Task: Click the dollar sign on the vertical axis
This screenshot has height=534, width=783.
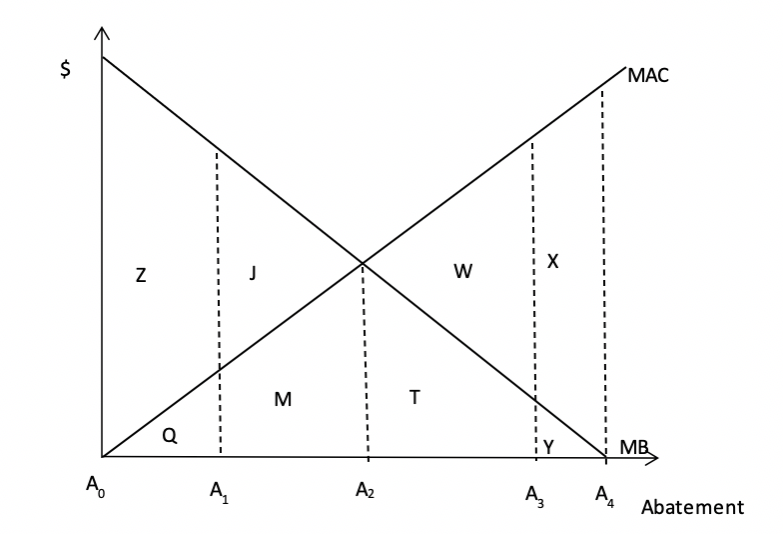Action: coord(65,69)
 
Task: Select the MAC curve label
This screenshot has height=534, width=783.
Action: coord(647,76)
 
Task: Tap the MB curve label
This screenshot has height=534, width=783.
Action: coord(633,447)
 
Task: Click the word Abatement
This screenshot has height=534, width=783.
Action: coord(692,507)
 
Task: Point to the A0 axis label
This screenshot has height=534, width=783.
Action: coord(96,486)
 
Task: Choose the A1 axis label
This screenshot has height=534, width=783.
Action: coord(219,492)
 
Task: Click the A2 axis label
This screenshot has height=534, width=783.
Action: coord(365,490)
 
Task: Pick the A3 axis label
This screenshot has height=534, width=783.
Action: coord(534,496)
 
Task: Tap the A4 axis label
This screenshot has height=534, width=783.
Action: coord(604,496)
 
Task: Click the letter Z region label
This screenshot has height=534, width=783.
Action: coord(141,275)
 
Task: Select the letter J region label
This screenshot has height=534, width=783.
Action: coord(253,273)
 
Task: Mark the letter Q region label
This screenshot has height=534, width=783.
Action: coord(170,436)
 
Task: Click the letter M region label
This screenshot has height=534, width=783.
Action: coord(283,399)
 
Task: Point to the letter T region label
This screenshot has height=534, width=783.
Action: coord(414,397)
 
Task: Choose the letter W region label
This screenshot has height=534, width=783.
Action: coord(463,271)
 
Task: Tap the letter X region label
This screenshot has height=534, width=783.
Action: coord(552,261)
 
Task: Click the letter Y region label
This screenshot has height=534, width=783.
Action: coord(548,446)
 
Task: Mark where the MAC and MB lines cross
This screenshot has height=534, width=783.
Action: coord(363,262)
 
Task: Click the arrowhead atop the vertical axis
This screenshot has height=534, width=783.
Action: coord(102,33)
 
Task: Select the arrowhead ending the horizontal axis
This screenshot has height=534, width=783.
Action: coord(652,458)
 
